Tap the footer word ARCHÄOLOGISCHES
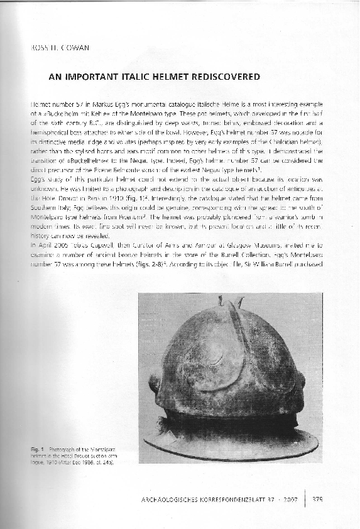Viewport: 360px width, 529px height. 165,499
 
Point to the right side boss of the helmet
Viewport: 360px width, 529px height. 300,380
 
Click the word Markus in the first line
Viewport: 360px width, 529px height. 92,102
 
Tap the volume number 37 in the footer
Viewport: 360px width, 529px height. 273,499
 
